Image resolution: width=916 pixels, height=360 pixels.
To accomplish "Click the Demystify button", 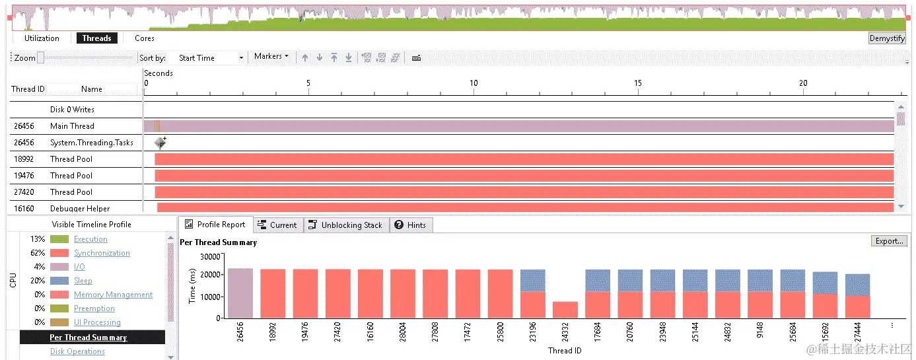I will [x=886, y=38].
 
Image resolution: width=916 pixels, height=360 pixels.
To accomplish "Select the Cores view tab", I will [x=145, y=38].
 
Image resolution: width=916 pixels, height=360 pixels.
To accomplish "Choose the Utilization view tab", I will [x=42, y=38].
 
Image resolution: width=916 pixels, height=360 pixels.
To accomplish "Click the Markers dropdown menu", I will [x=271, y=57].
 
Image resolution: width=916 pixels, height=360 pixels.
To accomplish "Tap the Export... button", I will [x=889, y=241].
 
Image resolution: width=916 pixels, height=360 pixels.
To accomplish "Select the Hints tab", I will [x=410, y=225].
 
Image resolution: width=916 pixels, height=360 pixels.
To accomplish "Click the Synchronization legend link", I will [x=102, y=253].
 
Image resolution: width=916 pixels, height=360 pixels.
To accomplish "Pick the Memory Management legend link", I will [x=113, y=295].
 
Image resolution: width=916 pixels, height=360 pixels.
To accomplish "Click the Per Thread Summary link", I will [x=88, y=338].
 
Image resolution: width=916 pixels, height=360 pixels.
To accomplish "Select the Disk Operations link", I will [x=77, y=351].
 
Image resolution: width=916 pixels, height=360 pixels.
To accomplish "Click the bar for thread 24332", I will [x=565, y=310].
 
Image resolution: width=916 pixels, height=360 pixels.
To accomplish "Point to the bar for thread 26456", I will [x=240, y=293].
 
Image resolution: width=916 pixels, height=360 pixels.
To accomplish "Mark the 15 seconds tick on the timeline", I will [x=637, y=83].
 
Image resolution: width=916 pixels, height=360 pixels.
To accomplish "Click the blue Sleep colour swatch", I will [x=59, y=281].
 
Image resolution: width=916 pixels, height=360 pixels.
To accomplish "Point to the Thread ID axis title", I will [x=565, y=351].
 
